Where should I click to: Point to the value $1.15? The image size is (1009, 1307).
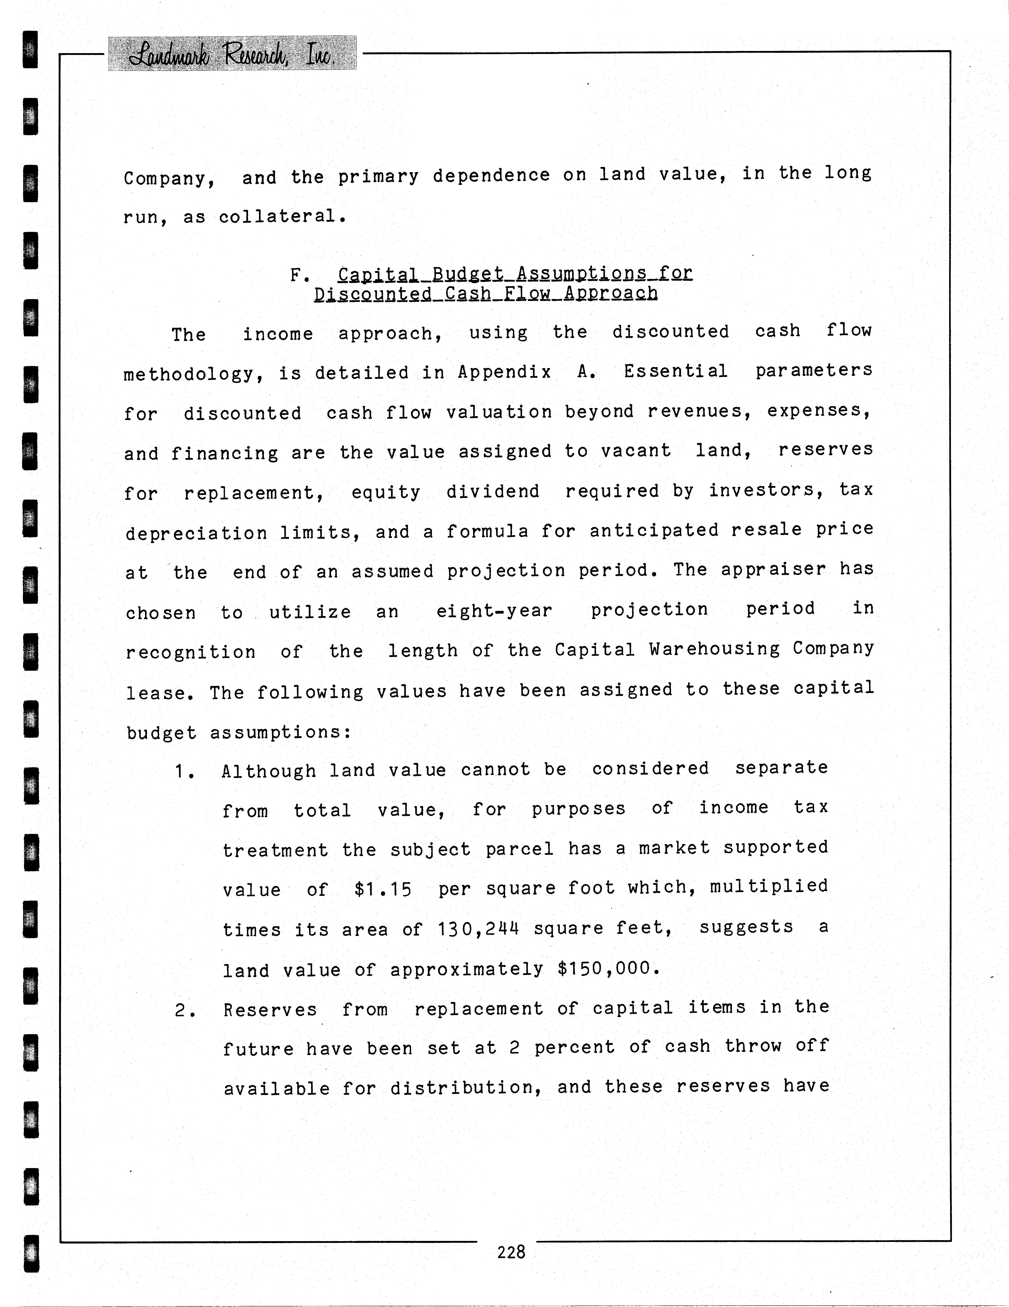(383, 889)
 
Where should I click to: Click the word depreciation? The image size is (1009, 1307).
(196, 533)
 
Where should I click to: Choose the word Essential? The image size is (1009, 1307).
(675, 371)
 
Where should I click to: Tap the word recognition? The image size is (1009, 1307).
(190, 652)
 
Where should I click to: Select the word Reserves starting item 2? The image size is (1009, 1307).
(270, 1010)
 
